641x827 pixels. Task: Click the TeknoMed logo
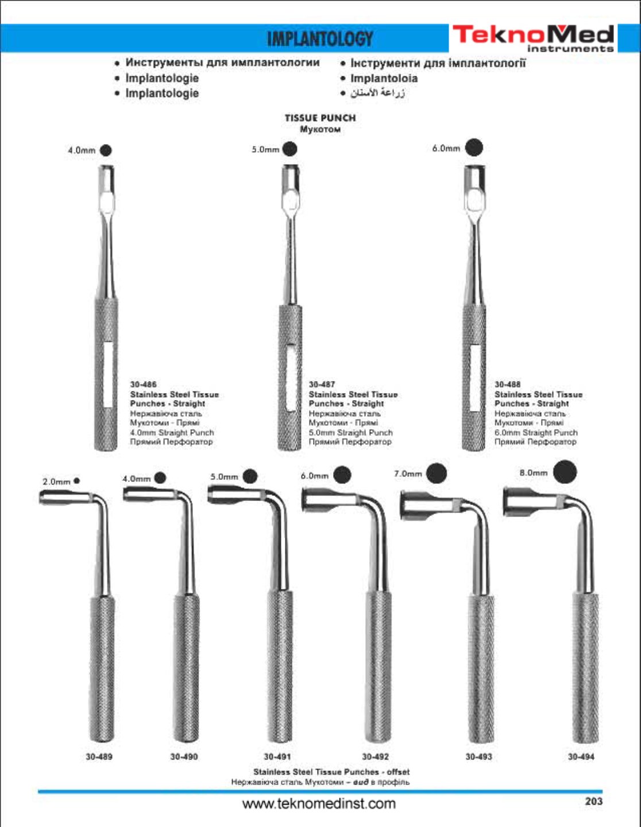533,38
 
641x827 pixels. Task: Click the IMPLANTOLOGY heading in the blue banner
320,38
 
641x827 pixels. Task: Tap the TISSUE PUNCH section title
320,118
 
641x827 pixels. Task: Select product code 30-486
143,385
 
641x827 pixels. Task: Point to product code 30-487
322,385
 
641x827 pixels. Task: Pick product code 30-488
508,385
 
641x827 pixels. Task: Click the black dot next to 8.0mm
565,473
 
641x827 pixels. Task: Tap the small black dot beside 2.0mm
77,481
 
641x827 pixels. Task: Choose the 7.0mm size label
408,474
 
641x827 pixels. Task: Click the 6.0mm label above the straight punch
446,149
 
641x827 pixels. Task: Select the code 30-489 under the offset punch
99,757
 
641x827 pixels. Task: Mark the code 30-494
581,757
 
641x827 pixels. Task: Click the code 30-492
376,757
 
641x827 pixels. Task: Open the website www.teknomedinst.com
319,803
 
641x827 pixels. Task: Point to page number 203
593,801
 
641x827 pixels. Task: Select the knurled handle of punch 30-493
480,669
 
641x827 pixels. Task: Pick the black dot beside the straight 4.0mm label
106,150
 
